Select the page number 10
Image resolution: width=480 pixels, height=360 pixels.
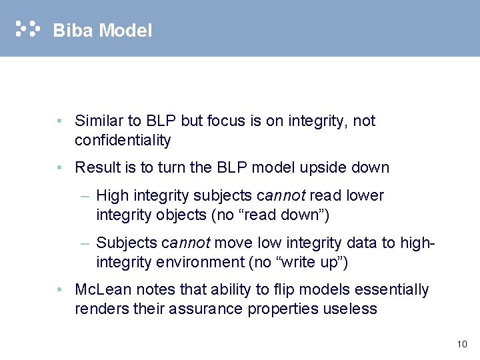[x=462, y=344]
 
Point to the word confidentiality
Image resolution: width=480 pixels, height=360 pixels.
[x=123, y=141]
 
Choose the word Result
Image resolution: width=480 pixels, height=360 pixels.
[x=95, y=168]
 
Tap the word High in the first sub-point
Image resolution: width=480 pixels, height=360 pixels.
[x=111, y=196]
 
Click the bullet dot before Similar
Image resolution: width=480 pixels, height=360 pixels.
[x=60, y=121]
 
